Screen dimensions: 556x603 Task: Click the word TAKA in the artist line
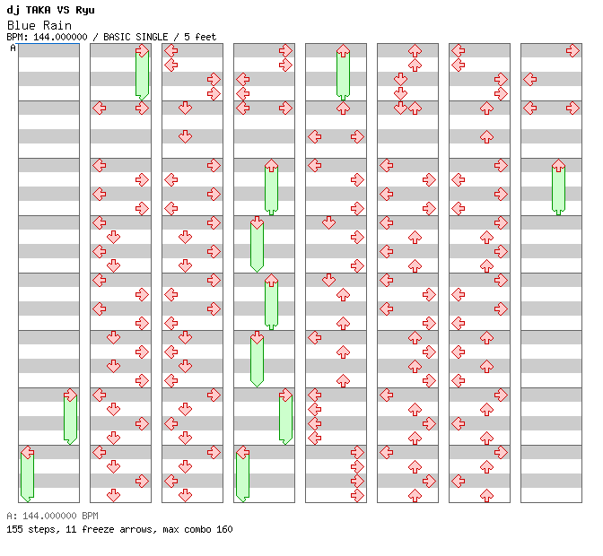37,10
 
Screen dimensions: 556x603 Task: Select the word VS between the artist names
63,10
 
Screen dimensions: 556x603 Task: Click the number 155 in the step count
14,529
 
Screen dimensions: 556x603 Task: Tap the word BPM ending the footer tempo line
88,517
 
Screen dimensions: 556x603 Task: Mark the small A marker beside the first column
13,48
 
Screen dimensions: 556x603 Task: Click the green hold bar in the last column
558,188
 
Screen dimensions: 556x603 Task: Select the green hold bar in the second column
142,74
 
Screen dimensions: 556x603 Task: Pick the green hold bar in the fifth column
343,74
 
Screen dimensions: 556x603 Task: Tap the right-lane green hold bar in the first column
70,418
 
